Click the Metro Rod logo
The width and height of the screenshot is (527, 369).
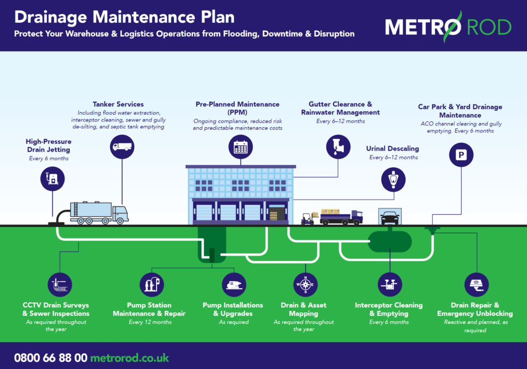point(448,26)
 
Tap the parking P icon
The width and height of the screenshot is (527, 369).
point(460,154)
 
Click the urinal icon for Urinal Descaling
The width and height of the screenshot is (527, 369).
point(393,179)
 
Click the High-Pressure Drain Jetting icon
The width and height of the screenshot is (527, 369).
point(53,179)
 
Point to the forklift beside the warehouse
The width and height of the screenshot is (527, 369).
point(308,218)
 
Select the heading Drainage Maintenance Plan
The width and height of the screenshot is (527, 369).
point(124,17)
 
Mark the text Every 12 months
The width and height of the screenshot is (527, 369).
point(150,322)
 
